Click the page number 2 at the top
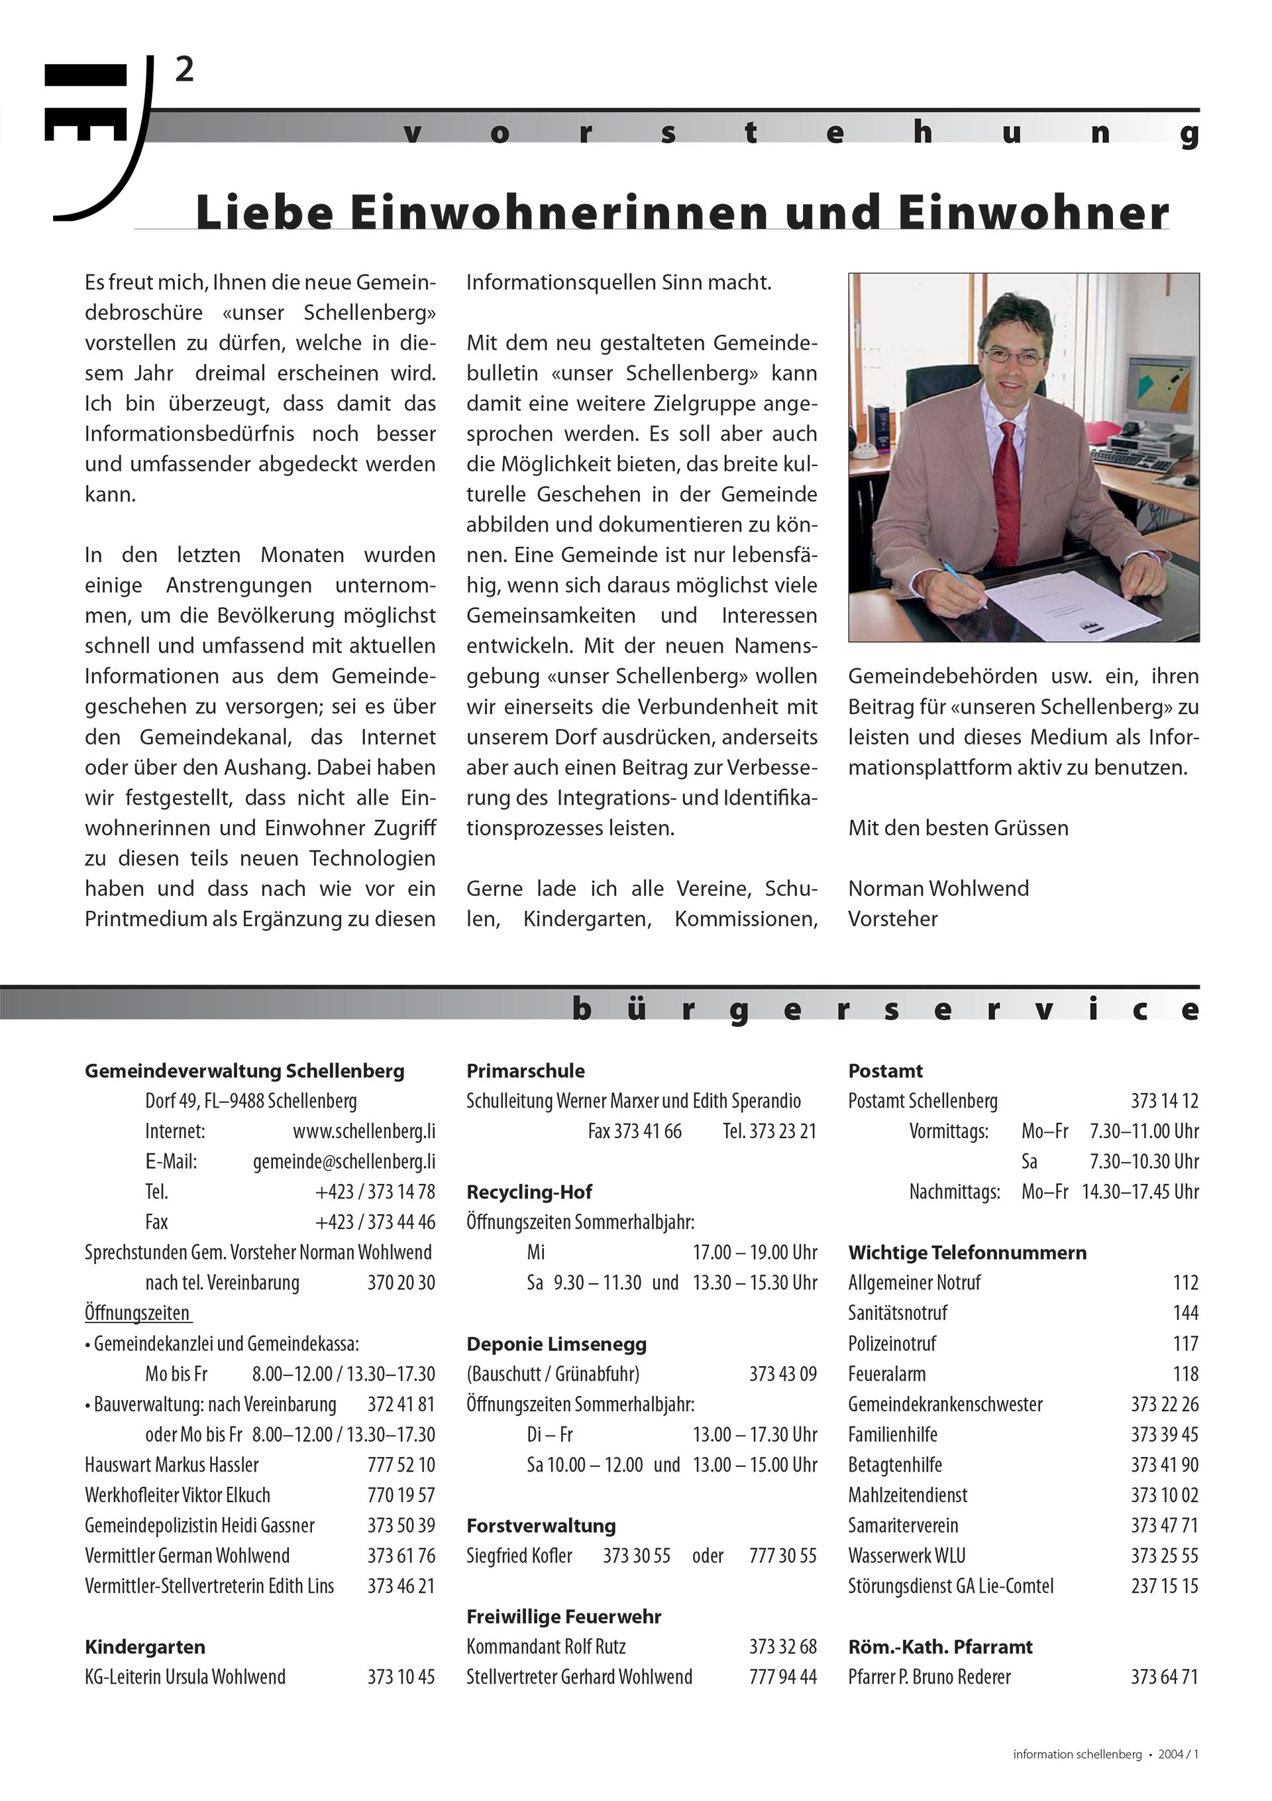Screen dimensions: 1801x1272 click(184, 71)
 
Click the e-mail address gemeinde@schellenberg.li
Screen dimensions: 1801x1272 click(343, 1162)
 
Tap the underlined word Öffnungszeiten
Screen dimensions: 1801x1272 click(137, 1313)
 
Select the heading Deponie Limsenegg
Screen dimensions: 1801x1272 click(556, 1344)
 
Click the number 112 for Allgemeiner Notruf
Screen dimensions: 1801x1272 click(1186, 1283)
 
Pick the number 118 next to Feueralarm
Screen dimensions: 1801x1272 click(1186, 1373)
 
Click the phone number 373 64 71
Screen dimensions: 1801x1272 click(1165, 1677)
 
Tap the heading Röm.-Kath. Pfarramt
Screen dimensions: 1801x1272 click(939, 1647)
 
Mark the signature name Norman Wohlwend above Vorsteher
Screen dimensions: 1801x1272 click(938, 889)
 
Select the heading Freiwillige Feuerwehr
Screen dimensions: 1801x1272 click(563, 1617)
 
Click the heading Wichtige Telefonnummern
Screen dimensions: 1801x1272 click(967, 1253)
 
